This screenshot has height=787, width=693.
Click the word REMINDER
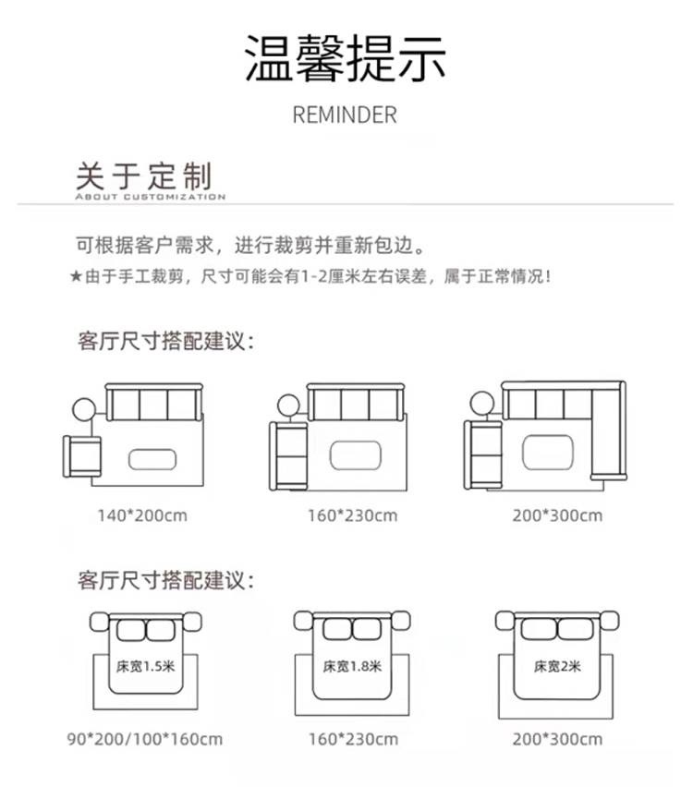pyautogui.click(x=345, y=115)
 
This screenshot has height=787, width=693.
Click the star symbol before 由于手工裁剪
pyautogui.click(x=76, y=276)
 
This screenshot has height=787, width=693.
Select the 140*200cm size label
pyautogui.click(x=142, y=515)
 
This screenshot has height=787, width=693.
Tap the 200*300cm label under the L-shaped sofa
pyautogui.click(x=557, y=515)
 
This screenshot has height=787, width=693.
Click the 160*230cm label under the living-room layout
pyautogui.click(x=352, y=515)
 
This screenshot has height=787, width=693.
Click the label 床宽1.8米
pyautogui.click(x=352, y=665)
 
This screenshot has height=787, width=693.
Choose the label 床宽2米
pyautogui.click(x=556, y=665)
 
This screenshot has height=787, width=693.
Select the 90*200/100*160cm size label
pyautogui.click(x=145, y=739)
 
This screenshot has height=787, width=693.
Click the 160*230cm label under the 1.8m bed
pyautogui.click(x=352, y=739)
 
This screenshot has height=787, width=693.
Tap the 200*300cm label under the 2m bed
pyautogui.click(x=556, y=739)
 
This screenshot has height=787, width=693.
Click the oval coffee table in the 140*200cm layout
pyautogui.click(x=153, y=460)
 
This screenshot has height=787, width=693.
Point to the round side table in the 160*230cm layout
pyautogui.click(x=287, y=404)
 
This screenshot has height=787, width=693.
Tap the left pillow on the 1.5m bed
pyautogui.click(x=131, y=630)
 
